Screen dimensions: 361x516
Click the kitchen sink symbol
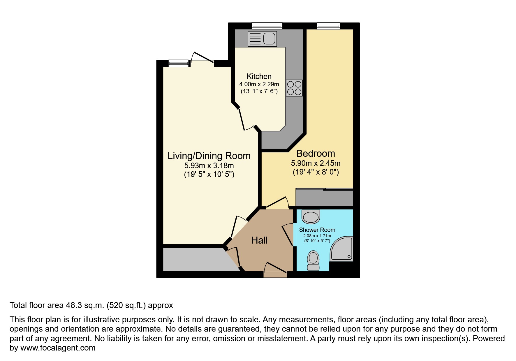(x=262, y=39)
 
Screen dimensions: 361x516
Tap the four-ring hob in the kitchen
(x=294, y=88)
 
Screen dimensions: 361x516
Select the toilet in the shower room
(x=314, y=261)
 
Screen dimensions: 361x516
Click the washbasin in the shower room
(x=311, y=217)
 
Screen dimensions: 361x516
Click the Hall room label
(x=259, y=240)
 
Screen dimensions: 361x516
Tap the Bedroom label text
(x=316, y=154)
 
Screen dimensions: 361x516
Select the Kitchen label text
(x=259, y=76)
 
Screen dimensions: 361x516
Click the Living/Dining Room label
(x=209, y=156)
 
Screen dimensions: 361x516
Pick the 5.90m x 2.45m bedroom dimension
(x=316, y=163)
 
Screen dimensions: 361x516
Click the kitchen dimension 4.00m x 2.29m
(x=259, y=84)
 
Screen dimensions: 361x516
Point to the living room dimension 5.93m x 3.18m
(x=209, y=165)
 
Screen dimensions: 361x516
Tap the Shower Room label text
(x=317, y=230)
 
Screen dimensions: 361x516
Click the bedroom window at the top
(x=328, y=26)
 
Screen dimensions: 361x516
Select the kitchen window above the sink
(x=267, y=26)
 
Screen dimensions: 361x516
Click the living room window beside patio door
(x=178, y=63)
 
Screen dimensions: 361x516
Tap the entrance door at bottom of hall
(x=275, y=274)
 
